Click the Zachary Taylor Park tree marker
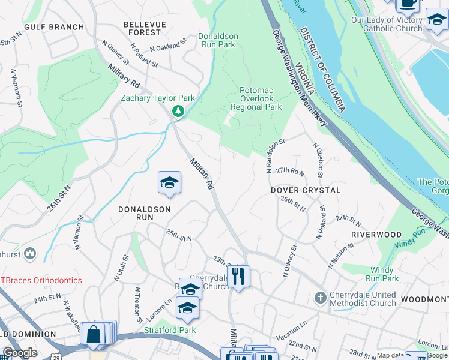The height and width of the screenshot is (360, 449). pos(178,110)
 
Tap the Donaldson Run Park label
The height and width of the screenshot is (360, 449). pos(218,40)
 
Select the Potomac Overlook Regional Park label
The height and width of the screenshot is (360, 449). pos(256,98)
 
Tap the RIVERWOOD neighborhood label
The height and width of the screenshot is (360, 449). pos(376,235)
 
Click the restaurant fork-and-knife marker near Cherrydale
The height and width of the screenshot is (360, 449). pos(239,277)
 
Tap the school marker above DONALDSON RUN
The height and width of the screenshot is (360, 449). pos(169,182)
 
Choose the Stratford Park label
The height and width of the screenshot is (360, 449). pos(170,329)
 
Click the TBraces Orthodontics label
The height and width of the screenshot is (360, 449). pos(41,280)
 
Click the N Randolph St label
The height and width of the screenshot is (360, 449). pos(275,155)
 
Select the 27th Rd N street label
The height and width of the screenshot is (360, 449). pos(291,171)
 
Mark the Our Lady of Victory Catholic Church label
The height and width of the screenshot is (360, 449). pos(387,24)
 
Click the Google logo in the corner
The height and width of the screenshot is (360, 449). pos(20,353)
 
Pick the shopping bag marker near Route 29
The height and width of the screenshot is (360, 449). pos(94,334)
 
